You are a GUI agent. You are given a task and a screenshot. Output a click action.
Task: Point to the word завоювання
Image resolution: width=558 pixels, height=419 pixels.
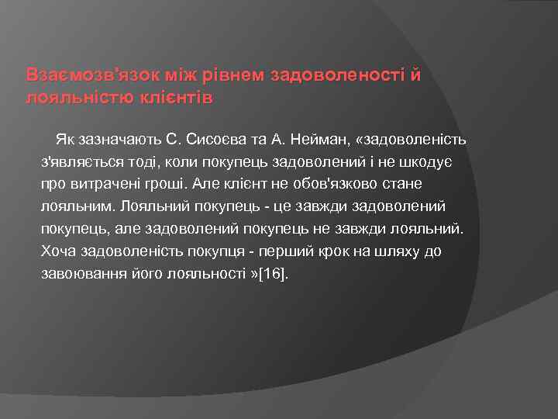[x=80, y=275]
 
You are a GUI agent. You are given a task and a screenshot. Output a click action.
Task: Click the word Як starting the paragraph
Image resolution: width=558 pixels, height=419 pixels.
[x=64, y=140]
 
